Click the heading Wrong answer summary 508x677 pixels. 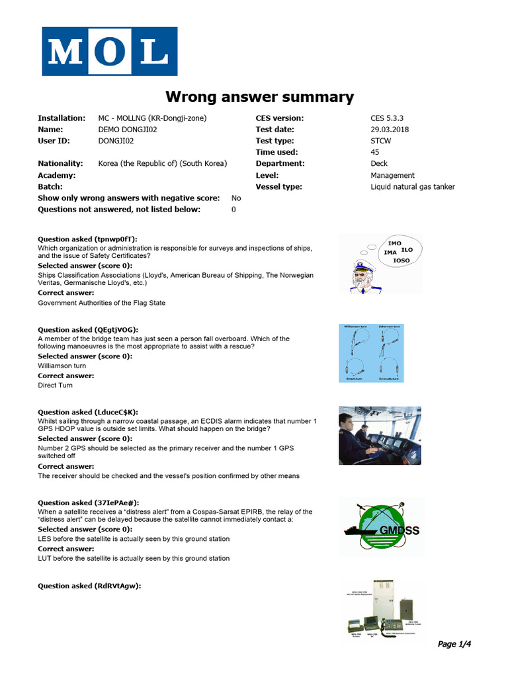pyautogui.click(x=259, y=97)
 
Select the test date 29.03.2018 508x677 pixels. pyautogui.click(x=390, y=130)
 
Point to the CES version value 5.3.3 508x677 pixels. pyautogui.click(x=381, y=118)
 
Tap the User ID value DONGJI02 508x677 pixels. pyautogui.click(x=118, y=141)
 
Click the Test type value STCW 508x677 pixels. pyautogui.click(x=381, y=141)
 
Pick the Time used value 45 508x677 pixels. pyautogui.click(x=375, y=152)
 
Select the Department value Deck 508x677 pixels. pyautogui.click(x=379, y=163)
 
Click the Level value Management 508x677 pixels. pyautogui.click(x=392, y=175)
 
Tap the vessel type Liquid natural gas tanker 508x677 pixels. pyautogui.click(x=413, y=187)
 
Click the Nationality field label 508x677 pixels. pyautogui.click(x=60, y=163)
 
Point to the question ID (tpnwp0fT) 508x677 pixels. pyautogui.click(x=116, y=239)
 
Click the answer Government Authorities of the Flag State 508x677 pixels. pyautogui.click(x=102, y=303)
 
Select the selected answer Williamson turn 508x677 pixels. pyautogui.click(x=62, y=365)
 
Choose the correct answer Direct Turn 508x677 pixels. pyautogui.click(x=56, y=385)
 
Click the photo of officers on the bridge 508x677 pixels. pyautogui.click(x=380, y=436)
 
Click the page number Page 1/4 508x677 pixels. pyautogui.click(x=455, y=644)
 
